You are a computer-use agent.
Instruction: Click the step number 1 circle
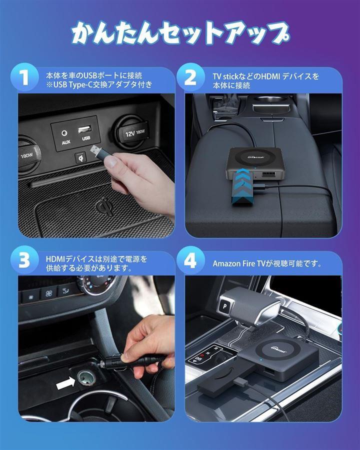coord(24,77)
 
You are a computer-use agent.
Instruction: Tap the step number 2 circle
coord(190,77)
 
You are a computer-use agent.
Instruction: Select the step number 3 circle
coord(24,260)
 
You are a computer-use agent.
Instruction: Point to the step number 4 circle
coord(190,260)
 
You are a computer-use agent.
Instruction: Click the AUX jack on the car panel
coord(64,133)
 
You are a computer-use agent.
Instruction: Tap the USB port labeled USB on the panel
coord(85,129)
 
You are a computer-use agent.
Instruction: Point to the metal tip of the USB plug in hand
coord(95,149)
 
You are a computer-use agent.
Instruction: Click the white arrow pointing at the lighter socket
coord(65,383)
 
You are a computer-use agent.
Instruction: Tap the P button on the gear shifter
coord(225,306)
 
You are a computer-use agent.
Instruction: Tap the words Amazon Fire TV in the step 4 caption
coord(238,263)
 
